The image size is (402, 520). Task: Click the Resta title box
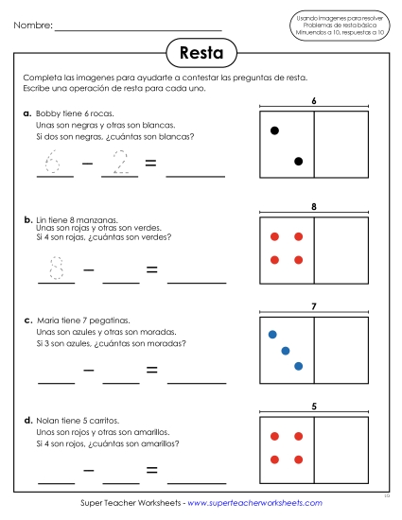201,51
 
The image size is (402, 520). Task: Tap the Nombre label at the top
33,25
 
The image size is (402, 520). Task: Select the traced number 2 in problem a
120,164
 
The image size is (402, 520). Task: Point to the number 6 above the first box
313,100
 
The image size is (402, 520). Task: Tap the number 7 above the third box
313,306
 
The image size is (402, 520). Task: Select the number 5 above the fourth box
313,407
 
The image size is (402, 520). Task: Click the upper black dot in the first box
274,130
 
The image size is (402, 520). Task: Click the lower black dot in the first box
298,162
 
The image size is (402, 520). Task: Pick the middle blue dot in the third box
285,350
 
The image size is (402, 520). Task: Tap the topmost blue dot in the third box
272,334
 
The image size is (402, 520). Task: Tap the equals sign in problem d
150,469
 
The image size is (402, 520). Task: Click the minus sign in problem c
87,370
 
